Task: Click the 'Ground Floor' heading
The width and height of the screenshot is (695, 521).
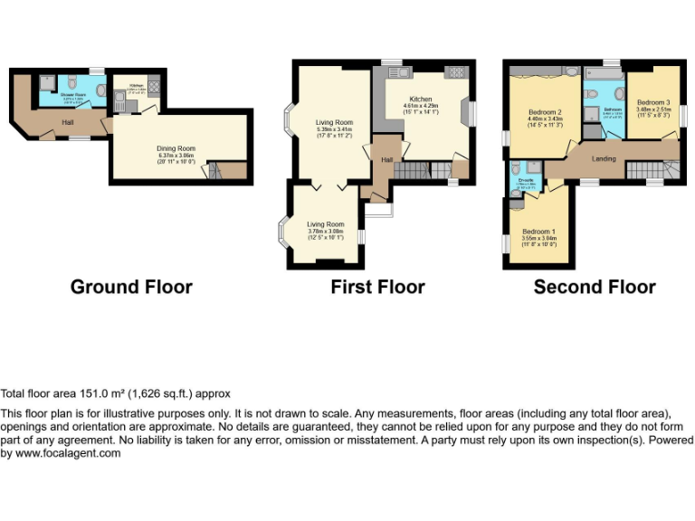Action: tap(131, 287)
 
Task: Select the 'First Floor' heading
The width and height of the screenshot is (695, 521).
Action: tap(377, 287)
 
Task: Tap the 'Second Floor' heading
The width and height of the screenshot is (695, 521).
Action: tap(595, 287)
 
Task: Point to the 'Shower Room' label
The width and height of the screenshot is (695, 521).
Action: tap(72, 94)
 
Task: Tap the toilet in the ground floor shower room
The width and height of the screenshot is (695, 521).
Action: tap(72, 82)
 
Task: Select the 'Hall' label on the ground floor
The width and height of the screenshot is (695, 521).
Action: tap(68, 121)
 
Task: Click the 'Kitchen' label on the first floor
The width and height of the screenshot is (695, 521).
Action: tap(420, 99)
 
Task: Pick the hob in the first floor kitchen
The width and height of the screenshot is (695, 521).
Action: tap(455, 72)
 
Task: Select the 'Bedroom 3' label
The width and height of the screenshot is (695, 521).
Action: tap(652, 102)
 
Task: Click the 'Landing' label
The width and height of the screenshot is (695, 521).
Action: tap(604, 159)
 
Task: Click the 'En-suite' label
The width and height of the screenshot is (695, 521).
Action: tap(525, 180)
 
